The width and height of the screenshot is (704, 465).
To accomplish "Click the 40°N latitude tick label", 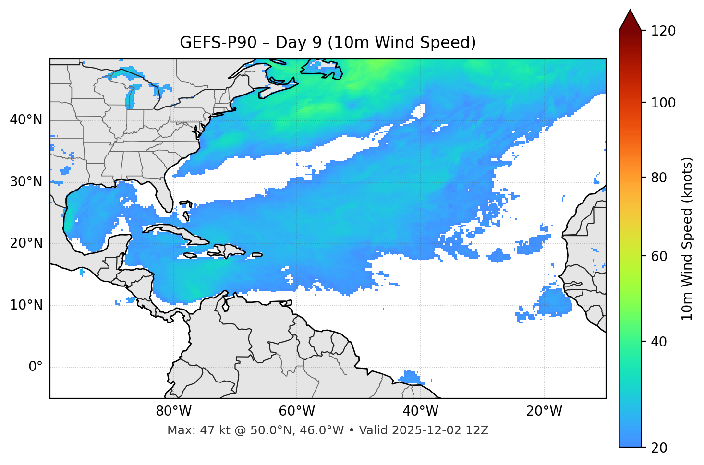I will point(26,120).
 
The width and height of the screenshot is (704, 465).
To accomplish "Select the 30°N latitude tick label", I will point(26,182).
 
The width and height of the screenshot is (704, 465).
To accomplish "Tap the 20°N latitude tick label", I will point(26,243).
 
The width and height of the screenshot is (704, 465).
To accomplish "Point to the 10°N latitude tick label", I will point(26,305).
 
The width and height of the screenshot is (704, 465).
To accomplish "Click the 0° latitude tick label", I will point(35,367).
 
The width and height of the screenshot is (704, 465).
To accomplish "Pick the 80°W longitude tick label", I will point(173,411).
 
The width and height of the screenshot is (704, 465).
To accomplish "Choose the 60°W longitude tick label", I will point(297,411).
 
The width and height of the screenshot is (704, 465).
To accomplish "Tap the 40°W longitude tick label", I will point(420,411).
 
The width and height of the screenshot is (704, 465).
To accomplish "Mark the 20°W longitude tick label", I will point(544,411).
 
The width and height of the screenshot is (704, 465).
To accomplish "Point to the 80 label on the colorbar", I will point(661,178).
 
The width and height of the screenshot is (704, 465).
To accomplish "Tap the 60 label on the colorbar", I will point(661,256).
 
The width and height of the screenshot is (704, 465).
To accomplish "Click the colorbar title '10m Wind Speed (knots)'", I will point(687,238).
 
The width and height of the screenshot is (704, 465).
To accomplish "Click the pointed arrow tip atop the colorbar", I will point(630,12).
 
